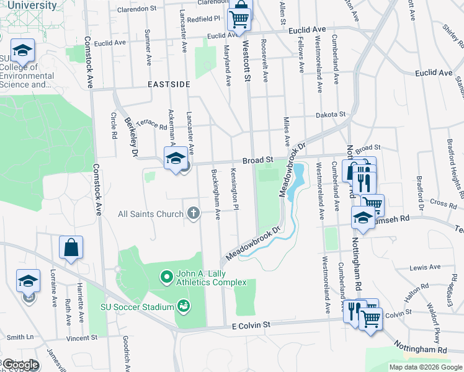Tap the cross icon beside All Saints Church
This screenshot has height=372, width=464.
tap(194, 214)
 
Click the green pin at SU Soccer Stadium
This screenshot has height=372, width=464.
tap(182, 305)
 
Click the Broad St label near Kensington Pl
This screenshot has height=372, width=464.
tap(258, 160)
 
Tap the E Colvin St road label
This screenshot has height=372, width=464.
tap(251, 325)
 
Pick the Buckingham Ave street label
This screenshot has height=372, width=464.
tap(216, 194)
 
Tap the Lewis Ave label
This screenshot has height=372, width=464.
tap(425, 267)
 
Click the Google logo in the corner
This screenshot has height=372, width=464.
tap(20, 365)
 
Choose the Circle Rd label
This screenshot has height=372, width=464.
tap(114, 125)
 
